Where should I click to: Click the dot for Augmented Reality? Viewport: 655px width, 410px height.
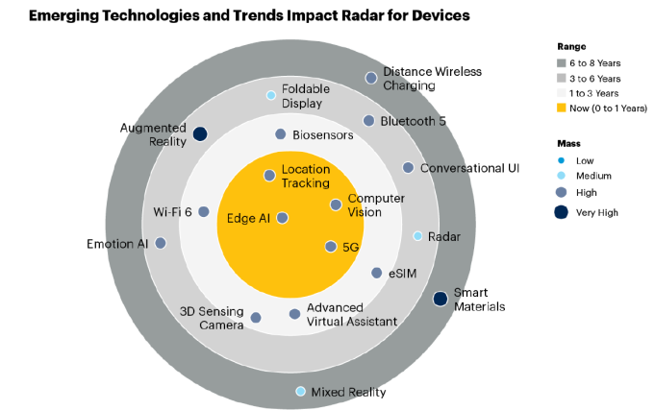[x=200, y=134]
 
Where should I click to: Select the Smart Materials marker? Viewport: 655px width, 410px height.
[x=440, y=299]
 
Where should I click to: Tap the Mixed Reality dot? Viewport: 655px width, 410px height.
[x=301, y=391]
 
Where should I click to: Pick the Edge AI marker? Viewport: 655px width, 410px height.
[x=282, y=218]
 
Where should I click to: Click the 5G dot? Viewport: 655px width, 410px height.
[x=331, y=247]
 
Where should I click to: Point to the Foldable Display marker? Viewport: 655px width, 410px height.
[x=271, y=95]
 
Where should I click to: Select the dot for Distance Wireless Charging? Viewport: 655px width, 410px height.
[x=371, y=78]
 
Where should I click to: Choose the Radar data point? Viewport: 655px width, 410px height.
[x=417, y=236]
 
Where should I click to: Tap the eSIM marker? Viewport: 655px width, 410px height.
[x=377, y=273]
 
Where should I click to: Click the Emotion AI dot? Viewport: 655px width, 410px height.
[x=161, y=243]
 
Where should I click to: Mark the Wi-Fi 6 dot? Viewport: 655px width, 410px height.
[x=204, y=211]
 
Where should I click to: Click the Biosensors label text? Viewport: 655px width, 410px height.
[x=323, y=135]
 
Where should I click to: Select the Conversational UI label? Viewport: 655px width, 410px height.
[x=469, y=168]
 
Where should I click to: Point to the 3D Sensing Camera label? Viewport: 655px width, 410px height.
[x=214, y=318]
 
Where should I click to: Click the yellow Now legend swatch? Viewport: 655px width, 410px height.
[x=563, y=109]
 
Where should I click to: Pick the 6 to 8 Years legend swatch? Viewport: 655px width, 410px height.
[x=563, y=62]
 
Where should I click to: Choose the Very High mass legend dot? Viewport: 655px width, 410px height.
[x=562, y=212]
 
